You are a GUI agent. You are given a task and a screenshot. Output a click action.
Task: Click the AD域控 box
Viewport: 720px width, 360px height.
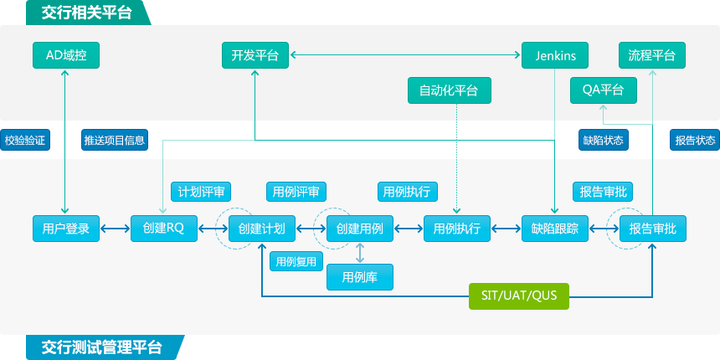(65, 56)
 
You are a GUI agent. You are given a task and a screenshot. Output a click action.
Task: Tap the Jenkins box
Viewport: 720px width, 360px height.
(554, 56)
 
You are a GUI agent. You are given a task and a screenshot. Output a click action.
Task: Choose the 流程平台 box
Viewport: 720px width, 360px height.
(651, 56)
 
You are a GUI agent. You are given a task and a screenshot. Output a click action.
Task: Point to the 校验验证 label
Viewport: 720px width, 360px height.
(25, 140)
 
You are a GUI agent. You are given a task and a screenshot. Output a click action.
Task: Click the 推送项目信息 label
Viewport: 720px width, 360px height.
(115, 140)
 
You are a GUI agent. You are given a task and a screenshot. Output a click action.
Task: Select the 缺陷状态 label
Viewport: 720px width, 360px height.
(604, 140)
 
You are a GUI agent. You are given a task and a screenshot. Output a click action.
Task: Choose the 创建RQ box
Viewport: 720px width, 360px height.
(163, 229)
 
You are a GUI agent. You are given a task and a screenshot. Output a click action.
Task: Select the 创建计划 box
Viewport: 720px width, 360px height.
(262, 229)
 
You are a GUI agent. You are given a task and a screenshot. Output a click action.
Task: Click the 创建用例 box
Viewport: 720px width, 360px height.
(360, 229)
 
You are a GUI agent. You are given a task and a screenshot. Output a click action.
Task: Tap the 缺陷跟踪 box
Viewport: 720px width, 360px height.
(554, 229)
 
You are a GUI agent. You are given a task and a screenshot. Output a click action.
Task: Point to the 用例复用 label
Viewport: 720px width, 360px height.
(295, 261)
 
